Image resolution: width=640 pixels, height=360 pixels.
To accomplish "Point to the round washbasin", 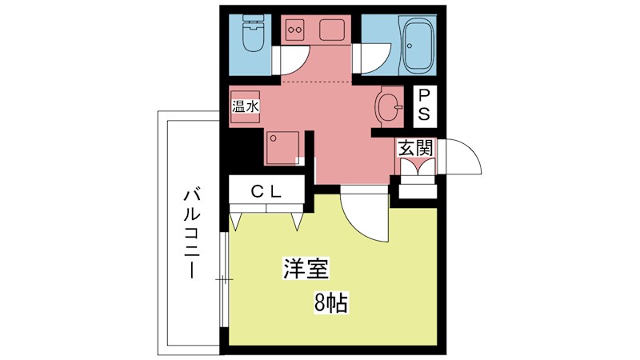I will click(x=389, y=106).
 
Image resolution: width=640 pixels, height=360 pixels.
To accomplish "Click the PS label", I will click(x=424, y=105).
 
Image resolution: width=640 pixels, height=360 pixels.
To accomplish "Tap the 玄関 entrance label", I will click(x=416, y=147).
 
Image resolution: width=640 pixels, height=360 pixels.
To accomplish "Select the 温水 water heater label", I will click(x=245, y=105).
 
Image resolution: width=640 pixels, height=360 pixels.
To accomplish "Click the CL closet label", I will click(x=266, y=191).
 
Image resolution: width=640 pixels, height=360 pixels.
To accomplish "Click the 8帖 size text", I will click(x=330, y=303).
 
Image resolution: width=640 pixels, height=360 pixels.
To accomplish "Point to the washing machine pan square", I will click(x=284, y=146).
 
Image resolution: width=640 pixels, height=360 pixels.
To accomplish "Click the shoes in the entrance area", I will click(x=416, y=166).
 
